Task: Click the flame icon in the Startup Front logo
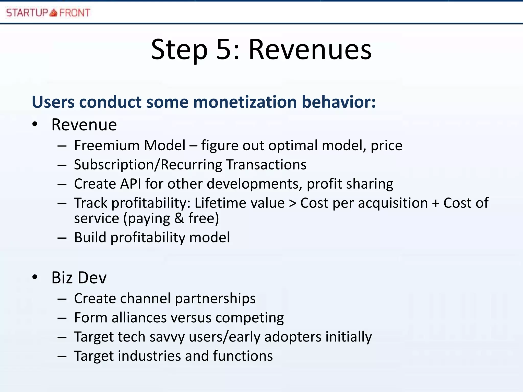(53, 13)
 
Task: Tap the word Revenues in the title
(310, 50)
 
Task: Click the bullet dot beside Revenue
(35, 125)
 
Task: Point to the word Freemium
(106, 145)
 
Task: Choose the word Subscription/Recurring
(148, 165)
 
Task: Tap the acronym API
(130, 184)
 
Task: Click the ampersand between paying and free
(179, 218)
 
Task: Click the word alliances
(139, 318)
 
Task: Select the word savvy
(167, 337)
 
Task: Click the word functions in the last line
(243, 356)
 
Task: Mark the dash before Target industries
(62, 356)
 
